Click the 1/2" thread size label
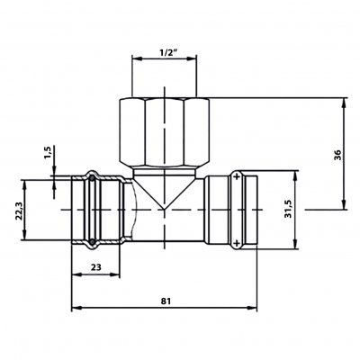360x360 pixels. pos(165,53)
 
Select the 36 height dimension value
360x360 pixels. pos(338,155)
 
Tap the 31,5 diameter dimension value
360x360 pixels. pos(289,209)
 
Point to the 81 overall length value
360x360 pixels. pos(166,301)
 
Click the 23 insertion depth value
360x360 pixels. pos(96,267)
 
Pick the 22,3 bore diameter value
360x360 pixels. pos(19,211)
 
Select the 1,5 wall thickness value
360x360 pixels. pos(49,153)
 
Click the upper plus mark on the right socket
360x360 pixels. pos(237,176)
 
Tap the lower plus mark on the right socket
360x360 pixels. pos(237,243)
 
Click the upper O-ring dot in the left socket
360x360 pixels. pos(92,178)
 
